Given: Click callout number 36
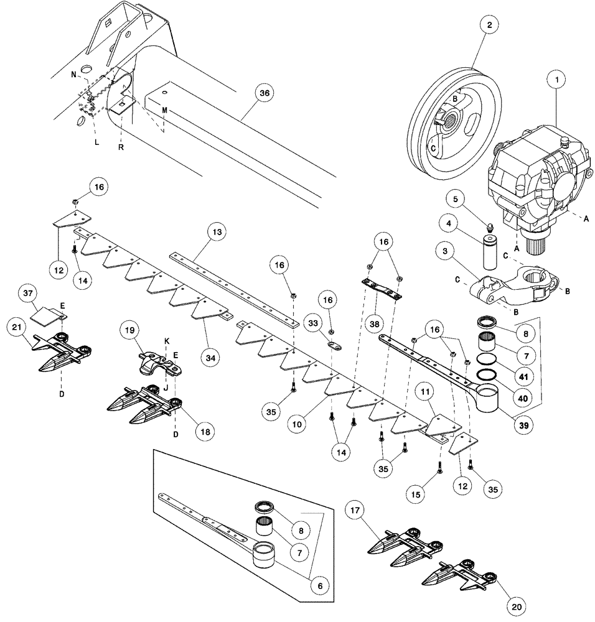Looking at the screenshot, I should pos(265,93).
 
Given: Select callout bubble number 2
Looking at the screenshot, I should pos(490,26).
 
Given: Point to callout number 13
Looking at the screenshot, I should pos(216,232).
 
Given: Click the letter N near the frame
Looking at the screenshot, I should pos(73,74).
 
